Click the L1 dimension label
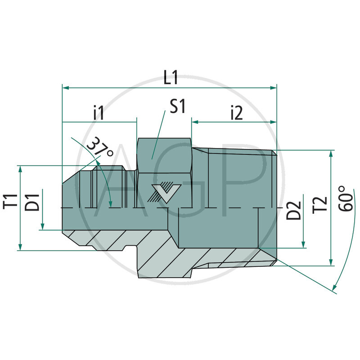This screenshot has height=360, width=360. [171, 78]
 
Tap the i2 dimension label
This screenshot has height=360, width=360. [236, 112]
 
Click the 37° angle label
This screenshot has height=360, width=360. [100, 148]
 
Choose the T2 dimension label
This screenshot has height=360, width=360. [320, 203]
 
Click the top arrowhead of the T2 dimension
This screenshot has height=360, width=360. [331, 153]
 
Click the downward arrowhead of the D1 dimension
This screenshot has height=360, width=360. [42, 227]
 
